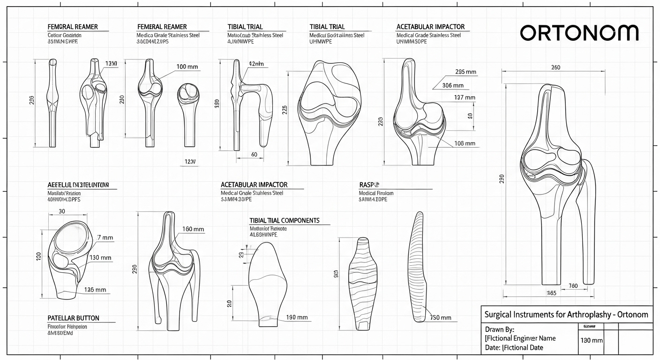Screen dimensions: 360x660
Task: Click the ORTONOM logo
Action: (579, 33)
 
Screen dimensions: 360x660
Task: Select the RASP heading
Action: (369, 185)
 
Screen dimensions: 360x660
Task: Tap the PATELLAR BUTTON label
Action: (74, 318)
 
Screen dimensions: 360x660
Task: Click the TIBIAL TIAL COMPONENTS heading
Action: (285, 220)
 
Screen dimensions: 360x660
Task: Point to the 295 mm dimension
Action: (465, 72)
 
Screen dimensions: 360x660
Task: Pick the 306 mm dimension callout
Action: (453, 85)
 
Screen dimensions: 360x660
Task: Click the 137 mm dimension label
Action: (465, 97)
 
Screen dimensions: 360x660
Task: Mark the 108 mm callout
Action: (465, 143)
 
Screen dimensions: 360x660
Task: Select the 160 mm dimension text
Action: (193, 229)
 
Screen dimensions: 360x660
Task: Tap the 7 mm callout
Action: (105, 238)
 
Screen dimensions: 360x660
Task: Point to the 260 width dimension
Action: (555, 67)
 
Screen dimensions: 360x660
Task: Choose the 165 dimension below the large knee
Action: (551, 293)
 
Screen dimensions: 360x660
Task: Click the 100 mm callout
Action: (187, 67)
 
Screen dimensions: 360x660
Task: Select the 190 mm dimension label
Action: (297, 317)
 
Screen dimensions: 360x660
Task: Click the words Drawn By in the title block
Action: (500, 329)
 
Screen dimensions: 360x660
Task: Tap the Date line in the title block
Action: (514, 347)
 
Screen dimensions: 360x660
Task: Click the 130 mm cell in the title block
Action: (592, 340)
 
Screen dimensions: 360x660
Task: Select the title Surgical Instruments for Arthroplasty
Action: (566, 314)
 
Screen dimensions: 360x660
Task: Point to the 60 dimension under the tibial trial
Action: (254, 154)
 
